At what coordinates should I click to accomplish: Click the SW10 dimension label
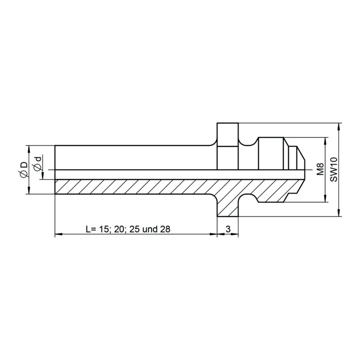coord(333,169)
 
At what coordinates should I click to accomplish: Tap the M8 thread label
coord(320,169)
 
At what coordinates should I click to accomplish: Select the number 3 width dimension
coord(228,229)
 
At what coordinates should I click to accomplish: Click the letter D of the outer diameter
coord(24,165)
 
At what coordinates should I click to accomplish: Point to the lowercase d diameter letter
coord(38,159)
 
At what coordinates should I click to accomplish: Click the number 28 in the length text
coord(165,229)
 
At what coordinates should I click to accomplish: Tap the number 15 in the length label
coord(104,229)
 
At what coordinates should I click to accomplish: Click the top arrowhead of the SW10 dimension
coord(339,126)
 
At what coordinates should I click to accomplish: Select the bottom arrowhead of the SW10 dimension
coord(339,212)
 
